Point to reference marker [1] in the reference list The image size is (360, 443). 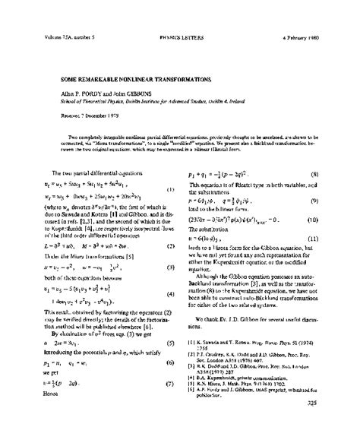tap(191, 343)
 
